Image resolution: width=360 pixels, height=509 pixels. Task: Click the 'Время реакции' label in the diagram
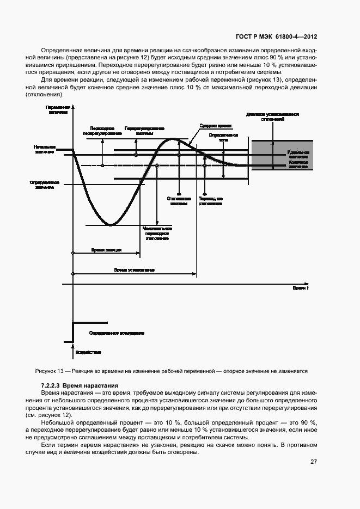coord(106,249)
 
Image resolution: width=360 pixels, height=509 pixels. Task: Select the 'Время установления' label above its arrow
coord(135,269)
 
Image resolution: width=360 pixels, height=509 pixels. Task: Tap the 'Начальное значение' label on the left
coord(45,149)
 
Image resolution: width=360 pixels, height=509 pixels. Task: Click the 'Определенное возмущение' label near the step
coord(116,332)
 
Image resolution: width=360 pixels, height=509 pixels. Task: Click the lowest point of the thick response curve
coord(111,224)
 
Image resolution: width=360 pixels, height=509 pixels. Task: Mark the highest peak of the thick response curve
coord(173,139)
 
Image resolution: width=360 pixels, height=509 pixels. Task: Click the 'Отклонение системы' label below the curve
coord(179,201)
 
